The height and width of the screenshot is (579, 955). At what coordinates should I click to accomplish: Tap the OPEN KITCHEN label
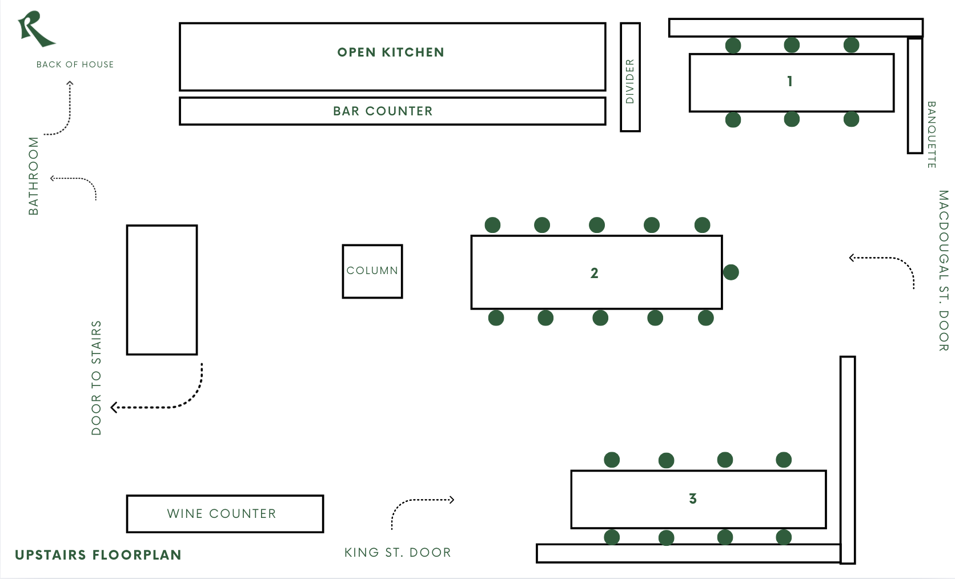(391, 53)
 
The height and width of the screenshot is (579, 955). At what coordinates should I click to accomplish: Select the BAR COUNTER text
(383, 111)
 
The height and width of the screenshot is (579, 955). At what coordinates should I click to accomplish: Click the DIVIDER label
(630, 81)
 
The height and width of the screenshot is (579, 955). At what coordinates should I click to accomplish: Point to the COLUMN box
(372, 271)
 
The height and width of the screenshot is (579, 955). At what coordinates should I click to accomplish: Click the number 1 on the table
(790, 82)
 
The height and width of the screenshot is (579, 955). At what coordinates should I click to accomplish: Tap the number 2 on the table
(595, 274)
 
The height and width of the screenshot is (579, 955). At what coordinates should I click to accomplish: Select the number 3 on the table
(693, 499)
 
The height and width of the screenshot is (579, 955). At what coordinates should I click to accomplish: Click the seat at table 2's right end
(731, 272)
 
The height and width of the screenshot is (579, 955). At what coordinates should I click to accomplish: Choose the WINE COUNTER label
(222, 514)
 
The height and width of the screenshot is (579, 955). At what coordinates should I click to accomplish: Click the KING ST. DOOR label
(398, 553)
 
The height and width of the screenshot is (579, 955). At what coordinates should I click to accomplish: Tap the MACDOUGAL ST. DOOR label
(943, 271)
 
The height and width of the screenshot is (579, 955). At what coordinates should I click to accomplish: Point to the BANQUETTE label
(931, 135)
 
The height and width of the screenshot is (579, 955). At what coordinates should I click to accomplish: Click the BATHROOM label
(34, 176)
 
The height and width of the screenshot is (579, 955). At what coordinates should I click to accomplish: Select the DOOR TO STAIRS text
(97, 378)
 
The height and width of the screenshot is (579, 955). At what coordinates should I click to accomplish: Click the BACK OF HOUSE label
(75, 65)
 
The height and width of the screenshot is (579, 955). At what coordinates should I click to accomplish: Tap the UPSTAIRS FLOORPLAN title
(98, 555)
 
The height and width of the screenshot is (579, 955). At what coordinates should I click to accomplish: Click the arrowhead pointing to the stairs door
(114, 407)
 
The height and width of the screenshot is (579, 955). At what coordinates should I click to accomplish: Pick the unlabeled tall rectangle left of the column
(162, 290)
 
